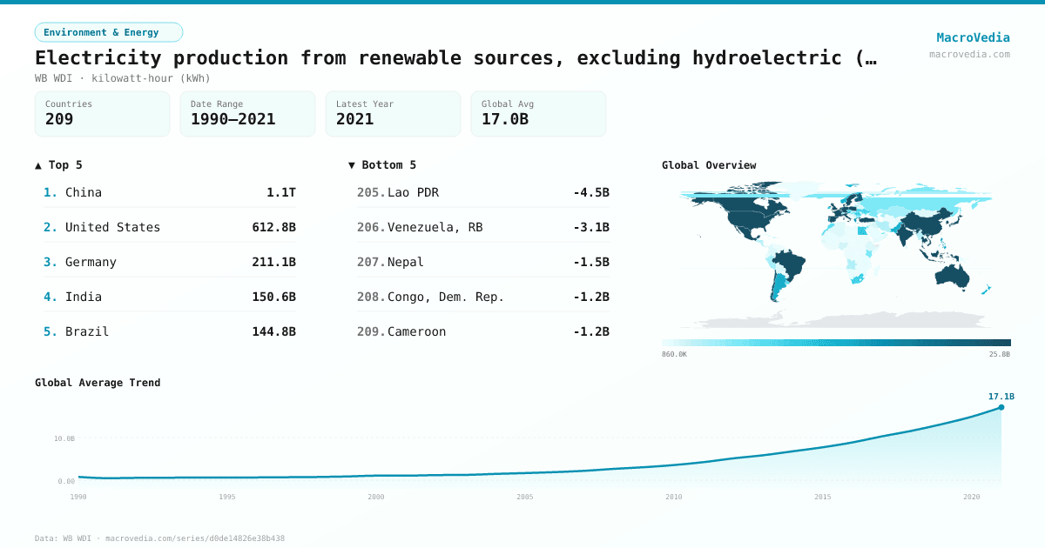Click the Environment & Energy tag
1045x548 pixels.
pyautogui.click(x=108, y=32)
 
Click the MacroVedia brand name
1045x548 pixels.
pyautogui.click(x=973, y=37)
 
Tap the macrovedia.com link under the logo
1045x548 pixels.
pyautogui.click(x=969, y=54)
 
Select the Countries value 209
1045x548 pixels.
pyautogui.click(x=59, y=119)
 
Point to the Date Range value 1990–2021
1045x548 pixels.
pyautogui.click(x=233, y=119)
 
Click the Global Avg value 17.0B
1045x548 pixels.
pyautogui.click(x=505, y=119)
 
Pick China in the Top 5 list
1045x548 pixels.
pyautogui.click(x=84, y=192)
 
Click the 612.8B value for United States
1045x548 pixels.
pyautogui.click(x=273, y=227)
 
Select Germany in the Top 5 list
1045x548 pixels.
pyautogui.click(x=91, y=262)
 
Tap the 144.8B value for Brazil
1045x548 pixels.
pyautogui.click(x=273, y=331)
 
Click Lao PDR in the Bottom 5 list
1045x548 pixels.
pyautogui.click(x=413, y=192)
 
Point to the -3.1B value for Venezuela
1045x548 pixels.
pyautogui.click(x=590, y=227)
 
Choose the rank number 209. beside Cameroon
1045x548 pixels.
pyautogui.click(x=371, y=331)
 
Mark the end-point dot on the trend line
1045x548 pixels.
pyautogui.click(x=1001, y=407)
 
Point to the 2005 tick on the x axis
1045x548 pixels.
pyautogui.click(x=525, y=497)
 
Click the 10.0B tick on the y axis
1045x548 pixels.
pyautogui.click(x=64, y=438)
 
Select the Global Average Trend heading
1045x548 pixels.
pyautogui.click(x=98, y=383)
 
